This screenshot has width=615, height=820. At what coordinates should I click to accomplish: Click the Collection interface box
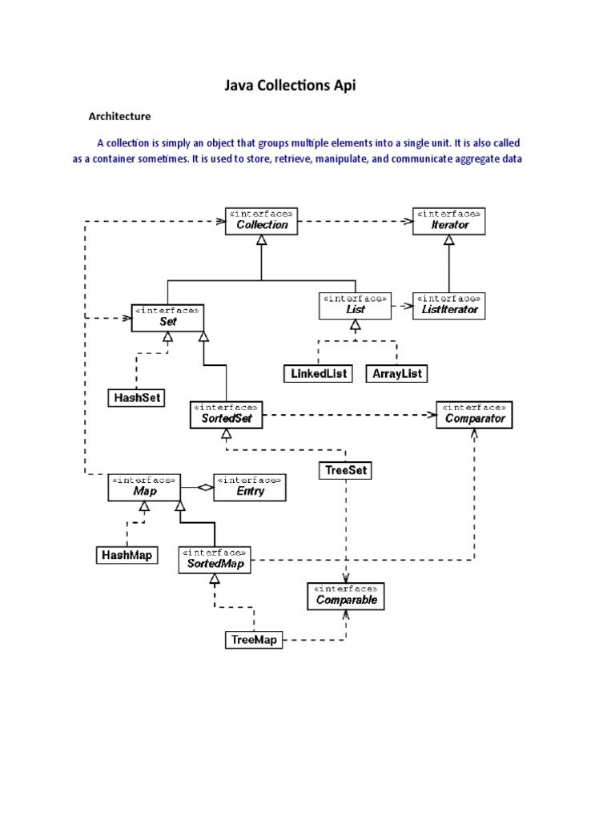coord(262,220)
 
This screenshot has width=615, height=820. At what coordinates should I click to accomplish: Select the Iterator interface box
coord(448,220)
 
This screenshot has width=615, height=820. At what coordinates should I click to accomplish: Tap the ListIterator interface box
coord(448,305)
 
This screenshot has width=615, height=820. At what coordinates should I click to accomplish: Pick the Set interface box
coord(167,318)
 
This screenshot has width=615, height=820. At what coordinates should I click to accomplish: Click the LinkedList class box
coord(318,374)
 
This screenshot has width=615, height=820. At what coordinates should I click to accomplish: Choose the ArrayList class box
coord(396,374)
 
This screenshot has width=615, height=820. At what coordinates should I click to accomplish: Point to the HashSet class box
coord(136,397)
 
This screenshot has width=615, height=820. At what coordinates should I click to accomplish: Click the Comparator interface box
coord(472,415)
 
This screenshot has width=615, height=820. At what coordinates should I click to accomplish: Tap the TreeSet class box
coord(346,470)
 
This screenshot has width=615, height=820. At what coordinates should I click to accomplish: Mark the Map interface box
coord(144,487)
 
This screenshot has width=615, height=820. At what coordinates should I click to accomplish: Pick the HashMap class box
coord(127,554)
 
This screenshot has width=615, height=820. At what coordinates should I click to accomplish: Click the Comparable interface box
coord(346,595)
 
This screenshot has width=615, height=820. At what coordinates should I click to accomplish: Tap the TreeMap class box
coord(253,639)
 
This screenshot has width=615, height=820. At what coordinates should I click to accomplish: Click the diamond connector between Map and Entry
coord(204,487)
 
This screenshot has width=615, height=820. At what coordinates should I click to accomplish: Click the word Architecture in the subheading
coord(119,117)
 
